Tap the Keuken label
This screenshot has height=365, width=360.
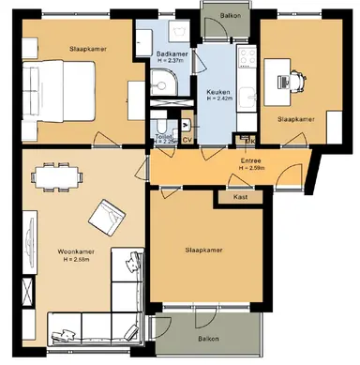click(x=217, y=91)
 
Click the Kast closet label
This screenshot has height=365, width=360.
click(x=241, y=198)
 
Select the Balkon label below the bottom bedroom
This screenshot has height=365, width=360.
click(x=208, y=339)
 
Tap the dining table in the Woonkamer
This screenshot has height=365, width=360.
click(x=53, y=175)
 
